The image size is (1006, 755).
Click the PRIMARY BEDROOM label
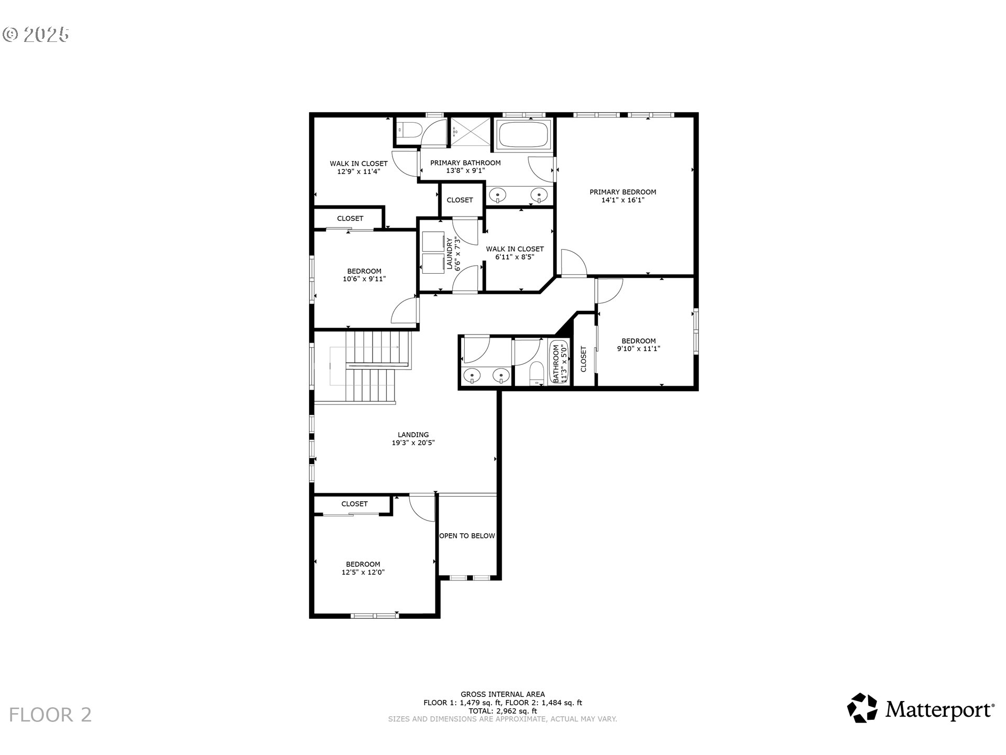click(622, 192)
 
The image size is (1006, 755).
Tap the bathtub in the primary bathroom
click(523, 135)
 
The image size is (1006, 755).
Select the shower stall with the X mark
click(471, 132)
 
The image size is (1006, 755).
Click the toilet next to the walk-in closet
click(408, 130)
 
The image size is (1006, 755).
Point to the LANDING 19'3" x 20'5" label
click(413, 438)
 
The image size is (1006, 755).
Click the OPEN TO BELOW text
click(467, 536)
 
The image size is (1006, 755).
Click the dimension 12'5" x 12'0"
click(363, 573)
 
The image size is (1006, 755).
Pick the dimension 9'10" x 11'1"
click(638, 348)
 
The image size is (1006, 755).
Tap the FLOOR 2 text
click(50, 715)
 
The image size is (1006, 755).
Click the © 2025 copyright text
click(36, 35)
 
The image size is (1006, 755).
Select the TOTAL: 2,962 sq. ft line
click(502, 711)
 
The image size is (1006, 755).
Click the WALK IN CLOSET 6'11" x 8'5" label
click(515, 253)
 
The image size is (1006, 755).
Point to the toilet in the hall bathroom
click(536, 373)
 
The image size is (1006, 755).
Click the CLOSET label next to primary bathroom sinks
click(460, 200)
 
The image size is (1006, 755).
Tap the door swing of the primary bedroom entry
click(573, 263)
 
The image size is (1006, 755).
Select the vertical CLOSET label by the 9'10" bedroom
click(584, 359)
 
